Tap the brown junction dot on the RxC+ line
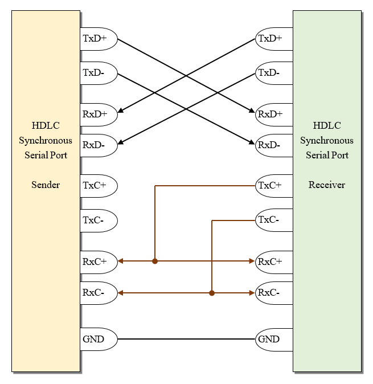tap(155, 262)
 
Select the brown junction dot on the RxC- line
tap(212, 293)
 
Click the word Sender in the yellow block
tap(46, 185)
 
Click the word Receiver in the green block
tap(327, 185)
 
